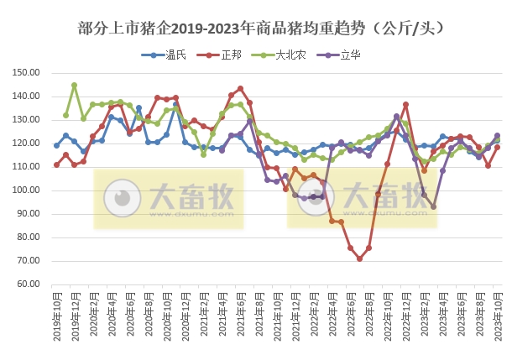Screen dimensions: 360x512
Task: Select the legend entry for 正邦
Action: click(x=226, y=55)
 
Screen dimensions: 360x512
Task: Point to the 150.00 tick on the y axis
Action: click(x=28, y=73)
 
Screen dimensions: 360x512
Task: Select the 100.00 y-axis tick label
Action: click(x=28, y=190)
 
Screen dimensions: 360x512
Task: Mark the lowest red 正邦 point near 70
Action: click(x=359, y=258)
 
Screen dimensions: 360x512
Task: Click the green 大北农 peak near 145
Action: click(x=75, y=85)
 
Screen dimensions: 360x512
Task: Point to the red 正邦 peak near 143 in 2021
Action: click(x=240, y=88)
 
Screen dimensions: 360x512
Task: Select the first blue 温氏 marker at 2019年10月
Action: click(x=56, y=145)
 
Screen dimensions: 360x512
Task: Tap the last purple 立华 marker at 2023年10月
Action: click(x=497, y=135)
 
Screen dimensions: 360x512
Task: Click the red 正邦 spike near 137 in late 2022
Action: click(x=405, y=104)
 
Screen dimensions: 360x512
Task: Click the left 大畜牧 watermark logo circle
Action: click(x=123, y=198)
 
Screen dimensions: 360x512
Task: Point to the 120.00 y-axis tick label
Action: click(x=28, y=143)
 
